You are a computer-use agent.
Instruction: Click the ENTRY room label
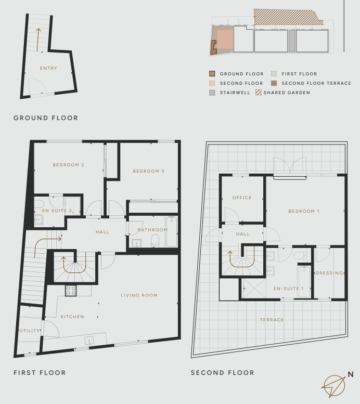pyautogui.click(x=48, y=68)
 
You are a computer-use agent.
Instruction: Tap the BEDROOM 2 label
pyautogui.click(x=68, y=165)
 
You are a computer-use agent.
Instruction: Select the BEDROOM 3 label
pyautogui.click(x=149, y=171)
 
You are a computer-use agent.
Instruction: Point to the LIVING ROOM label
pyautogui.click(x=139, y=295)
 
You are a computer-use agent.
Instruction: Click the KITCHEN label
pyautogui.click(x=72, y=317)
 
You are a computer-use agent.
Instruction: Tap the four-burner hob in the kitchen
pyautogui.click(x=71, y=291)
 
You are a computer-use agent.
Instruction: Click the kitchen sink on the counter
pyautogui.click(x=89, y=341)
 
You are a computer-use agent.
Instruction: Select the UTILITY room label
pyautogui.click(x=30, y=331)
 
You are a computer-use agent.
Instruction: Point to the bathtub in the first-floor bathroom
pyautogui.click(x=172, y=231)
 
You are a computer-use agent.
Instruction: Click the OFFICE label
pyautogui.click(x=242, y=198)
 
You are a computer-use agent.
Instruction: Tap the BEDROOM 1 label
pyautogui.click(x=304, y=211)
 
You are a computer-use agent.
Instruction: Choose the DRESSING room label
pyautogui.click(x=329, y=273)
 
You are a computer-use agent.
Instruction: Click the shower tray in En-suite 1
pyautogui.click(x=253, y=288)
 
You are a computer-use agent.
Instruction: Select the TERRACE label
pyautogui.click(x=272, y=320)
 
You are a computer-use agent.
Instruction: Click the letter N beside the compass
pyautogui.click(x=351, y=374)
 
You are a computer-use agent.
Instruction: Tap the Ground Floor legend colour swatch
pyautogui.click(x=212, y=74)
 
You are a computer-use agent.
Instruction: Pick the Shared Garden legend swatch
pyautogui.click(x=258, y=92)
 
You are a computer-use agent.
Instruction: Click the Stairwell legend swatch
pyautogui.click(x=212, y=93)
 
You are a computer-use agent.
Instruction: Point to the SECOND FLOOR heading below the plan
pyautogui.click(x=223, y=373)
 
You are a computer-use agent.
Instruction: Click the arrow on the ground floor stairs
pyautogui.click(x=38, y=40)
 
